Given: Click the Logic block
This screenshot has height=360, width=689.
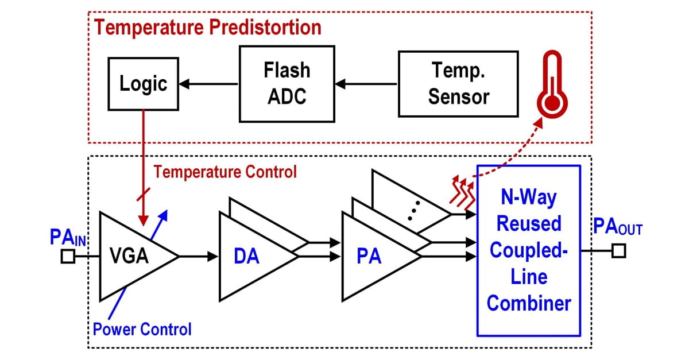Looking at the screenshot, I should (143, 84).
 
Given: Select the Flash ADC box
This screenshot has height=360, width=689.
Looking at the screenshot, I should (287, 84).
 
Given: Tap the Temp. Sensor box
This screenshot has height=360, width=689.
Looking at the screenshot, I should (458, 84).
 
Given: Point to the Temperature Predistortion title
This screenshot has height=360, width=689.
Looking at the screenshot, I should (208, 27).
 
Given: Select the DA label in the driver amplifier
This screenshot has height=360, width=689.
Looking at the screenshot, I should (247, 257).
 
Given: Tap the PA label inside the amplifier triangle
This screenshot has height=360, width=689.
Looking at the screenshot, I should (369, 257).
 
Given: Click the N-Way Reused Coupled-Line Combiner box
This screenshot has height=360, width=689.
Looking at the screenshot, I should (529, 250).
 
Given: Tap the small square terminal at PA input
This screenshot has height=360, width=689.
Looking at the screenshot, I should (68, 257).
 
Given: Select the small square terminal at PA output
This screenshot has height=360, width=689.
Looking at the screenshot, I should (618, 251).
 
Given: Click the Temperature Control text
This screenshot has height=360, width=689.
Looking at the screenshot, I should (226, 171).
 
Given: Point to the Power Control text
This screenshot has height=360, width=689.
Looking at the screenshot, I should (142, 329).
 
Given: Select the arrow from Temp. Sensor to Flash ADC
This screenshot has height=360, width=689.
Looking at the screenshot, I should (366, 84).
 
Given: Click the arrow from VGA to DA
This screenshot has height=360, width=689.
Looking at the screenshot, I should (199, 257).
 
